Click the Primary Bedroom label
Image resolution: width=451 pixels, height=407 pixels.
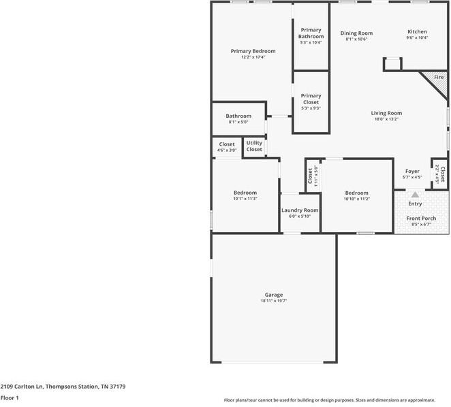pyautogui.click(x=253, y=51)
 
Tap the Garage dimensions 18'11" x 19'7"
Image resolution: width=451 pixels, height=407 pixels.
pyautogui.click(x=274, y=301)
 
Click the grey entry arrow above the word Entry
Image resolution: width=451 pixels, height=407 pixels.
pyautogui.click(x=414, y=194)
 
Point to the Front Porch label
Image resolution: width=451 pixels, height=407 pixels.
pyautogui.click(x=419, y=218)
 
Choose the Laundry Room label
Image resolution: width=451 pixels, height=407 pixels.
pyautogui.click(x=300, y=210)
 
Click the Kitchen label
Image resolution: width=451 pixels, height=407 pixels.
pyautogui.click(x=417, y=32)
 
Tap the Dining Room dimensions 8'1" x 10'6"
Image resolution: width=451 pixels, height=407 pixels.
pyautogui.click(x=356, y=39)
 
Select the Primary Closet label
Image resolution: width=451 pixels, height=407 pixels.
pyautogui.click(x=311, y=99)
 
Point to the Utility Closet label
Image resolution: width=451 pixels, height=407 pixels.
pyautogui.click(x=254, y=146)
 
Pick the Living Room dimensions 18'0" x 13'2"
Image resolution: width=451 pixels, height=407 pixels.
pyautogui.click(x=386, y=119)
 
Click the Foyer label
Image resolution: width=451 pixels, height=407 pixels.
pyautogui.click(x=412, y=171)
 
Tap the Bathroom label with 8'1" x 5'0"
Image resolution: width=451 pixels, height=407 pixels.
pyautogui.click(x=238, y=116)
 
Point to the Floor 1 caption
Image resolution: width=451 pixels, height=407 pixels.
pyautogui.click(x=10, y=397)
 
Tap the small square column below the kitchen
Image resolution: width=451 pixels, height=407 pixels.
pyautogui.click(x=392, y=64)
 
